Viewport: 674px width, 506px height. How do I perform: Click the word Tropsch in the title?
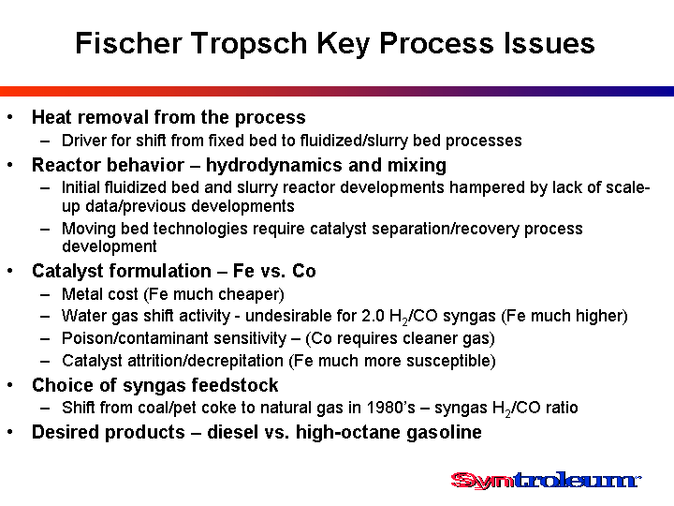[x=249, y=44]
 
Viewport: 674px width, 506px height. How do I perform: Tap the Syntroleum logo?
[x=546, y=480]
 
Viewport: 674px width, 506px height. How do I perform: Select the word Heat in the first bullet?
[x=51, y=117]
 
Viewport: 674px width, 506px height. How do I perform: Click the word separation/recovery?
[x=446, y=229]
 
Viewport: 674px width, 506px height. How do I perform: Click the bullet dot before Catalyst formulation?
[x=10, y=271]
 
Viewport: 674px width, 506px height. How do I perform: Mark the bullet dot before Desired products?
[x=10, y=432]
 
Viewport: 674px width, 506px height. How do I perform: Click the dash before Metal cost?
[x=45, y=295]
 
